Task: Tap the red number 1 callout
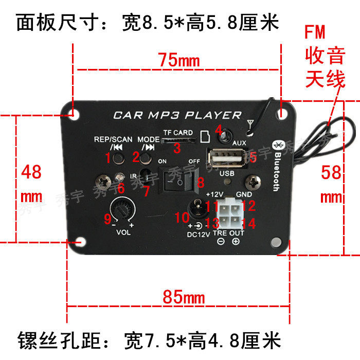pos(109,158)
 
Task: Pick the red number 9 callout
pos(107,220)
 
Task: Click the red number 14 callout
pos(249,224)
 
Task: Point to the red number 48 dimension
pos(31,172)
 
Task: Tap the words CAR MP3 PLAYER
pos(177,115)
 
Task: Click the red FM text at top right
pos(315,33)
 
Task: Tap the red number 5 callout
pos(253,156)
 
